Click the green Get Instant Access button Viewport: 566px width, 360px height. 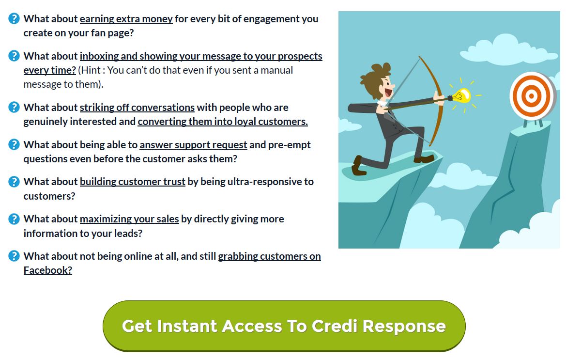click(x=284, y=326)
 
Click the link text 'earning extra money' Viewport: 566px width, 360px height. click(x=126, y=19)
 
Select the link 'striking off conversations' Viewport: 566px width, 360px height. click(x=137, y=108)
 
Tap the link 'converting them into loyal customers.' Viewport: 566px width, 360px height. click(x=223, y=122)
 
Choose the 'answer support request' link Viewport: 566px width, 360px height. click(x=193, y=145)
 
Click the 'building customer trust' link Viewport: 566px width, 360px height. click(x=133, y=182)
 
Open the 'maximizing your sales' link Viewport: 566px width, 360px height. click(x=129, y=219)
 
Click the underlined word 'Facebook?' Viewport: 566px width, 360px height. click(x=47, y=270)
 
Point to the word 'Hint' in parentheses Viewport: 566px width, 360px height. click(x=91, y=70)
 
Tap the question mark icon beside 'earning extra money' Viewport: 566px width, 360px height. click(x=14, y=18)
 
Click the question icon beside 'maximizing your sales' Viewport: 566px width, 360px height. click(x=14, y=219)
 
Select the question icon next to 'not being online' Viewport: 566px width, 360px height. click(x=14, y=256)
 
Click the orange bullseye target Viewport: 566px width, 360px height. click(x=532, y=96)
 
